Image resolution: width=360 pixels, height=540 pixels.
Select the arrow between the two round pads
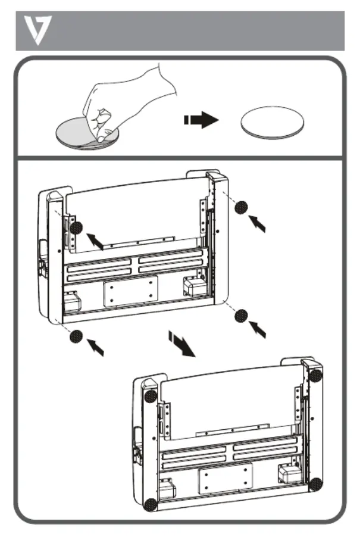(x=201, y=121)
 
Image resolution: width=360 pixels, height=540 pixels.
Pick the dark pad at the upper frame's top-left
(x=76, y=227)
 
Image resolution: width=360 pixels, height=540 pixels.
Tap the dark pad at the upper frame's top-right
(x=241, y=207)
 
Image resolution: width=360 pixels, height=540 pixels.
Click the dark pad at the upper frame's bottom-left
(x=76, y=338)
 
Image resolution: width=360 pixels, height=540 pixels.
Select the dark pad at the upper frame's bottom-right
(x=241, y=315)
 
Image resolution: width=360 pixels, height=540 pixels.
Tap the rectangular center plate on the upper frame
(x=130, y=293)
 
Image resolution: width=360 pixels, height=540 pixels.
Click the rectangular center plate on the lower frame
(x=226, y=477)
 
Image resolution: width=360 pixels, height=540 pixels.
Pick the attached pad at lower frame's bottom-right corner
(x=316, y=483)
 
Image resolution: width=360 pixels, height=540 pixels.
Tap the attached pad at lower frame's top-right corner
(x=315, y=376)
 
